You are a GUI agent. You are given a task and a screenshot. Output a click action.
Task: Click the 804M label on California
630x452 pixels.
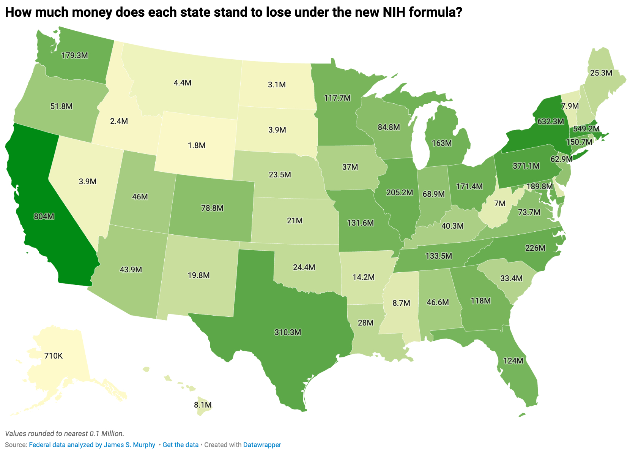click(x=44, y=217)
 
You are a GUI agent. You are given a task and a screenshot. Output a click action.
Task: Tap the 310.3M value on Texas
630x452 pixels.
click(x=288, y=332)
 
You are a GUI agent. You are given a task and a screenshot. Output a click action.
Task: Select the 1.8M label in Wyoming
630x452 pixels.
click(x=197, y=145)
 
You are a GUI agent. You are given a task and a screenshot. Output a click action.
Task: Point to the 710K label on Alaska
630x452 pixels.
click(x=53, y=356)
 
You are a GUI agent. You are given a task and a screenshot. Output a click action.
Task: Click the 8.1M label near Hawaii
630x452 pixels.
click(x=203, y=405)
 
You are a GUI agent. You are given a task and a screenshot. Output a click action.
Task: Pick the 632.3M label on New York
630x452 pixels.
click(x=551, y=122)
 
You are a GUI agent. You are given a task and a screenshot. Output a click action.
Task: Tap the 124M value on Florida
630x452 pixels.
click(x=513, y=361)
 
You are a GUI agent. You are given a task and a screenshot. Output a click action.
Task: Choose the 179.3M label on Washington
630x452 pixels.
click(x=75, y=55)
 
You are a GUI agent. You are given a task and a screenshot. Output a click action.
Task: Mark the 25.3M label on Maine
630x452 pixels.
click(x=601, y=73)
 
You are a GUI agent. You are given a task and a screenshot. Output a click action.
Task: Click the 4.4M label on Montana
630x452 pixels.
click(x=183, y=83)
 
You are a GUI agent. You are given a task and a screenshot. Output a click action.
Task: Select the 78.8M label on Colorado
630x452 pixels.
click(x=212, y=208)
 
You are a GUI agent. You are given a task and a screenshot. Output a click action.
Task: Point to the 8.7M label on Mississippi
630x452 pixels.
click(x=401, y=303)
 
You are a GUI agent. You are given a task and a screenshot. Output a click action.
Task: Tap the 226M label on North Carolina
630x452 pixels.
click(x=535, y=248)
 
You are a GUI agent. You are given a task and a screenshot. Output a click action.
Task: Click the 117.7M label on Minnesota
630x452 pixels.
click(x=337, y=98)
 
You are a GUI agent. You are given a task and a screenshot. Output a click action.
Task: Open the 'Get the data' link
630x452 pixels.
click(x=180, y=445)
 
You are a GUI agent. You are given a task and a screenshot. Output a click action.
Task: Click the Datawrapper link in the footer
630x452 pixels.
click(x=262, y=445)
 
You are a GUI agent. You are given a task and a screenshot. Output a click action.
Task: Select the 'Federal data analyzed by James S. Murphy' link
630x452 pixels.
click(x=92, y=445)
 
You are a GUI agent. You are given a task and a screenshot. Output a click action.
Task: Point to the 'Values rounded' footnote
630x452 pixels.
click(x=65, y=433)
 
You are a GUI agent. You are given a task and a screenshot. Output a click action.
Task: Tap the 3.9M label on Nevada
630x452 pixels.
click(x=88, y=182)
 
